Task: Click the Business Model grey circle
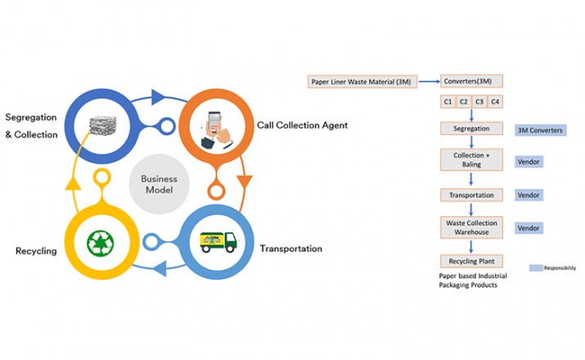160,184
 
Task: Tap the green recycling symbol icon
101,243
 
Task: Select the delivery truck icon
218,242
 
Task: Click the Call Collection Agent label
304,125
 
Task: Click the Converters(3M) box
470,81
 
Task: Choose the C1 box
448,102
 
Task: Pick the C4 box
494,102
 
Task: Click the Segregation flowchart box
470,129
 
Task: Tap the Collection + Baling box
470,159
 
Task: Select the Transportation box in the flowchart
470,196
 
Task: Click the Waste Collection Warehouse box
470,227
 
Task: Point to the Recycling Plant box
470,261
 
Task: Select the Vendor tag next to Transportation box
529,196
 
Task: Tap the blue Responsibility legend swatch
537,268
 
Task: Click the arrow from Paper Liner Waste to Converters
430,82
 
